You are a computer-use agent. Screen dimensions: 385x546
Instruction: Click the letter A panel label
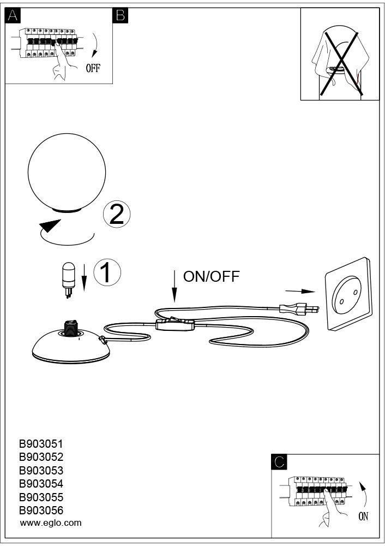13,16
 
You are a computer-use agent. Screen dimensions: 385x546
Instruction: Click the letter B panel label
121,16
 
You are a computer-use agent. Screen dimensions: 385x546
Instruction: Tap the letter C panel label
279,462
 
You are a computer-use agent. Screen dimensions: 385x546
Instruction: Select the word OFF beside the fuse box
93,68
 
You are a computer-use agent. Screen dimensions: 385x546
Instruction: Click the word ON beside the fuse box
363,517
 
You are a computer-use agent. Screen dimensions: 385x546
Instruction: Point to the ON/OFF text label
212,276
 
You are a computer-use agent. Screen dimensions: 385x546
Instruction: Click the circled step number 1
107,272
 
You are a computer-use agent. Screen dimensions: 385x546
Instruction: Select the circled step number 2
117,214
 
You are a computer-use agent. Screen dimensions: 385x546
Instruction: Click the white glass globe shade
67,173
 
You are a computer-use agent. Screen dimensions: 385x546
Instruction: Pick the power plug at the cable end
299,308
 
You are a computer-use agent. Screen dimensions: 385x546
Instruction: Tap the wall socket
348,294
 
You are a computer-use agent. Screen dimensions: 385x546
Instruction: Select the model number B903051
41,444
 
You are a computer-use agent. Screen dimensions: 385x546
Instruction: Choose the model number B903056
41,511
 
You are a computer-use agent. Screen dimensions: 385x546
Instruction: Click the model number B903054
41,484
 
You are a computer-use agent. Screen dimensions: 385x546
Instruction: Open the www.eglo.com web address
51,523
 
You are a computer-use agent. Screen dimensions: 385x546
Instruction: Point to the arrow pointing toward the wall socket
300,292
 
